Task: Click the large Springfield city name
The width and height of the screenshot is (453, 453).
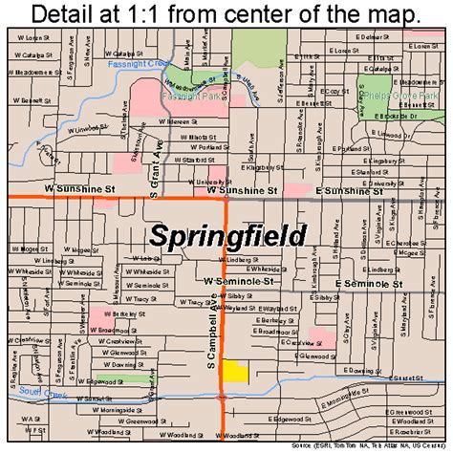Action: [x=228, y=236]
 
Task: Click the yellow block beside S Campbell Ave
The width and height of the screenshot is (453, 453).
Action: [x=232, y=373]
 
